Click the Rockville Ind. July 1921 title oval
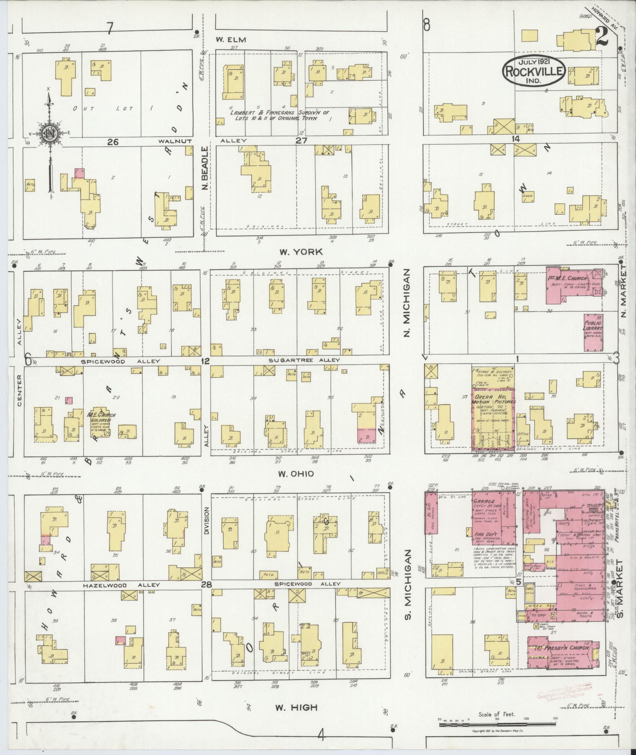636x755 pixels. click(x=534, y=70)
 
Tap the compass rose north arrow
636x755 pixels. click(x=50, y=134)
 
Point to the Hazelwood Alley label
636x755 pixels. click(x=121, y=585)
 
